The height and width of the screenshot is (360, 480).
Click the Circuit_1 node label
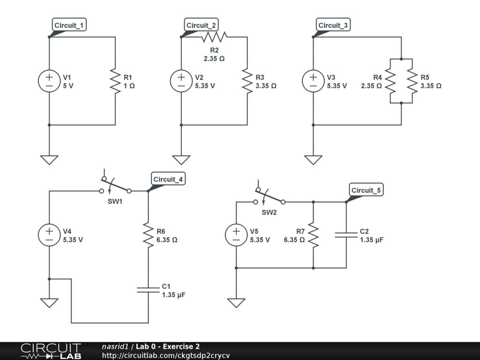(70, 25)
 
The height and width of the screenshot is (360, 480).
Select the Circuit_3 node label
(334, 25)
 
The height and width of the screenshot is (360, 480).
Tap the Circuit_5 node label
(367, 190)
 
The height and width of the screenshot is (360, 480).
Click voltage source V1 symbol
(49, 81)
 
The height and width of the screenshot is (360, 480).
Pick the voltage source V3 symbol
(313, 81)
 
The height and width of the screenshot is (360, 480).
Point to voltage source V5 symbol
(236, 235)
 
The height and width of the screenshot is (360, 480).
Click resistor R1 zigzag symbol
(115, 81)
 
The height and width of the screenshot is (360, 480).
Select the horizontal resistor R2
(214, 37)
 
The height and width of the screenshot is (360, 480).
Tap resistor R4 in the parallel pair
(391, 81)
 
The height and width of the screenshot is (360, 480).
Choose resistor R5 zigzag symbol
(412, 81)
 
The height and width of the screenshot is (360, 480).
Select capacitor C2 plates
(346, 235)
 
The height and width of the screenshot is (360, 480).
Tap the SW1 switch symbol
(116, 186)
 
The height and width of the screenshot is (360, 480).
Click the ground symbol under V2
(181, 159)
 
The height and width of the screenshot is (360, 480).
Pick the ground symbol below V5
(236, 302)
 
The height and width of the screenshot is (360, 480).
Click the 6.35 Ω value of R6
(167, 240)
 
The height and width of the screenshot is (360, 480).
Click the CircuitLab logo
(50, 351)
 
